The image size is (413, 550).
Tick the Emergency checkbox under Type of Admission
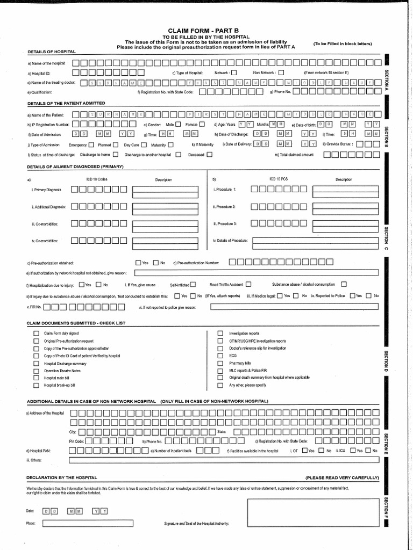coord(91,144)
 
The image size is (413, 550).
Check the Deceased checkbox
coord(209,155)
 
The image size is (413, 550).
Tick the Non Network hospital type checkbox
coord(280,73)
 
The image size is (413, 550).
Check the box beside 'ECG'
coord(220,356)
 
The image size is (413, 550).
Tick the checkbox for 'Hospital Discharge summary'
coord(37,364)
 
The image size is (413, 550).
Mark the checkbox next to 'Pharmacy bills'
coord(220,363)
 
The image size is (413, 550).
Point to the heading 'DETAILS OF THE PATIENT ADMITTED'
coord(66,103)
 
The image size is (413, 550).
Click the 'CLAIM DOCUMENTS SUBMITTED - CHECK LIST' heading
coord(76,323)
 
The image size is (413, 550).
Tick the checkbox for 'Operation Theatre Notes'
coord(37,371)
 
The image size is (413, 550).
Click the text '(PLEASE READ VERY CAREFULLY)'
coord(342,477)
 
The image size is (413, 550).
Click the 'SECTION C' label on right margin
coord(386,238)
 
